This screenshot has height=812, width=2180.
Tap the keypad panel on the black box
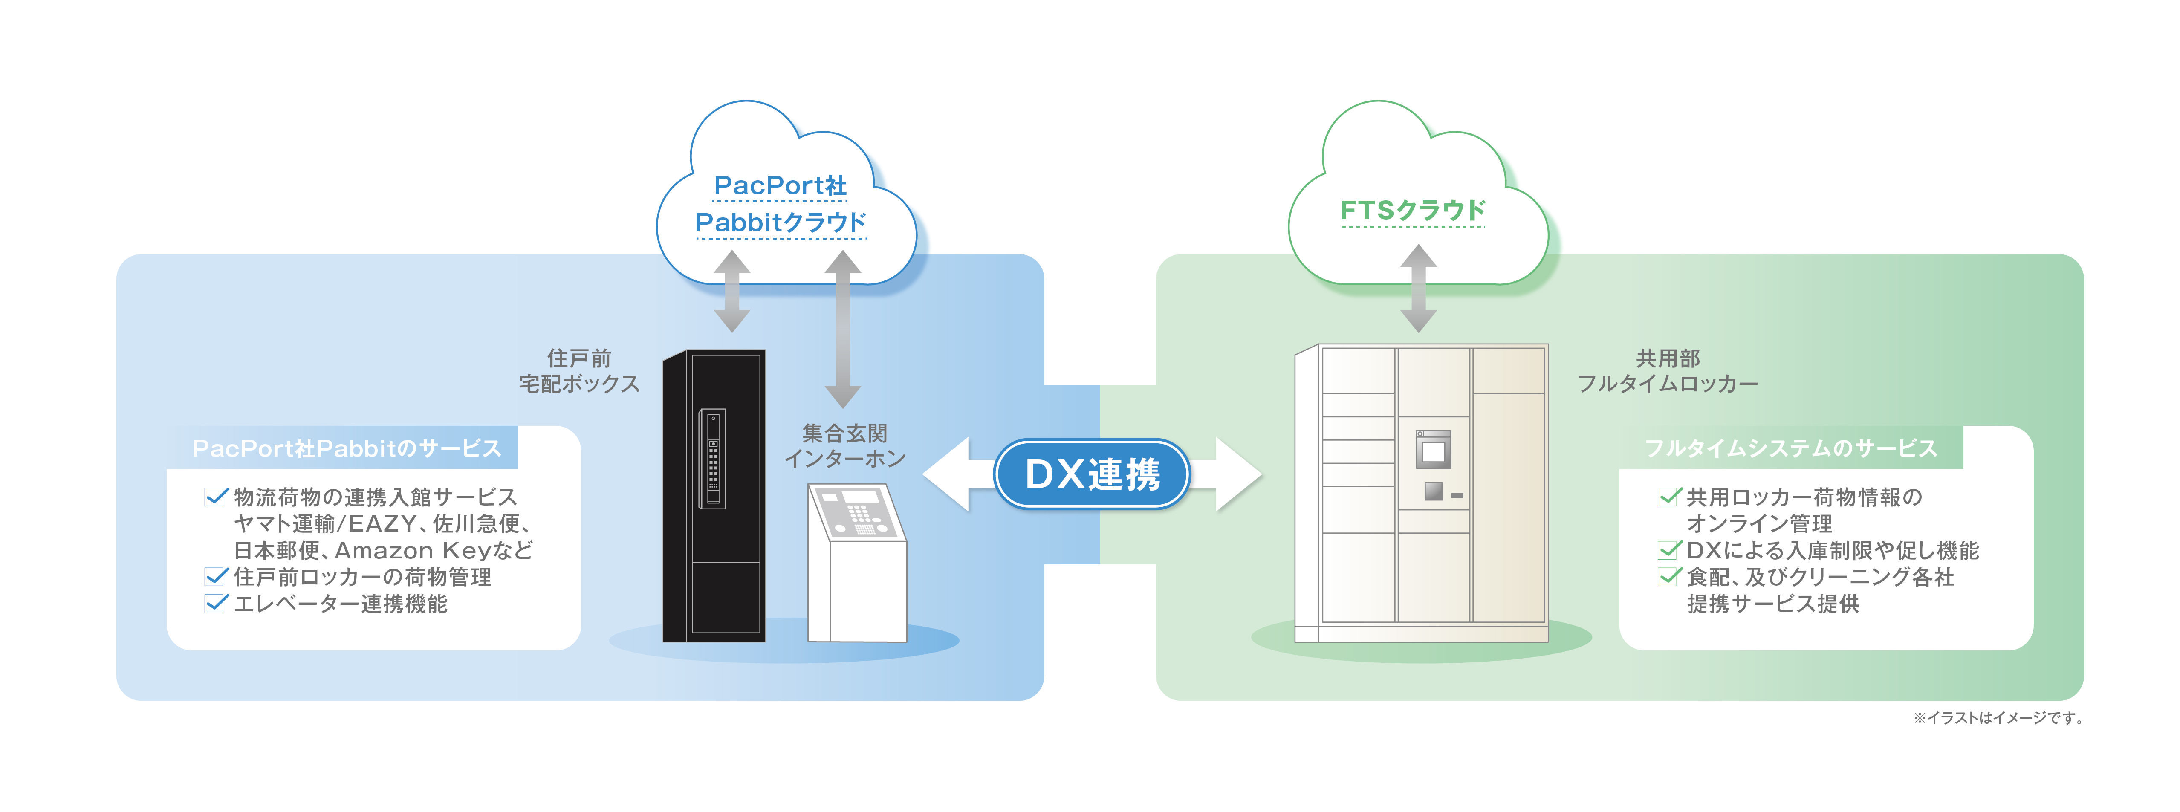pos(713,459)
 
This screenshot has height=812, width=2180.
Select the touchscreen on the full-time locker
pos(1433,450)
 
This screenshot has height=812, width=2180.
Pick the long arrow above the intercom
pos(843,330)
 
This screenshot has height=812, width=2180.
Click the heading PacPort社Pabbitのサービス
pos(347,448)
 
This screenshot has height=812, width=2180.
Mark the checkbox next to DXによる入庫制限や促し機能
pos(1668,551)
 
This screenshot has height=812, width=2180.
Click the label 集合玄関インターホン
pos(844,446)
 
